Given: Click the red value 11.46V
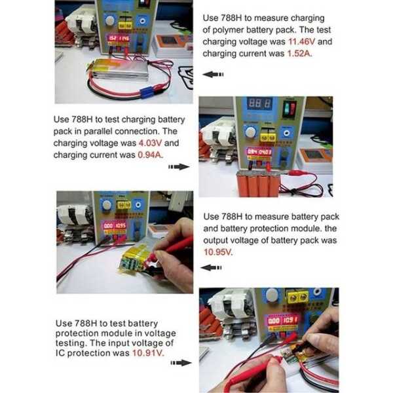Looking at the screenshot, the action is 301,42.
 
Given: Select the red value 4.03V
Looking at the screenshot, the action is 150,143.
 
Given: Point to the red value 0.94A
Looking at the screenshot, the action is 150,155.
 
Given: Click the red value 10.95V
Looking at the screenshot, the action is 218,252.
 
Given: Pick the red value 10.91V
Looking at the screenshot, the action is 148,353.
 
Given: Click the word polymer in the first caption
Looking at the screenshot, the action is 227,30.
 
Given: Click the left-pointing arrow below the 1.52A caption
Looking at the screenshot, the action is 213,74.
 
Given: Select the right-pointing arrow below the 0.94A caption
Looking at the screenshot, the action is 179,166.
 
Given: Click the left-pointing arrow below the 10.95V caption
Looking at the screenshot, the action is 212,268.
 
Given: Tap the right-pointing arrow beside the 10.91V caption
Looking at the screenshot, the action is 181,363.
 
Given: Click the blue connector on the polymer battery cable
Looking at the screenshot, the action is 146,92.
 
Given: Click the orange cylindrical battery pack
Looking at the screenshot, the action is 258,183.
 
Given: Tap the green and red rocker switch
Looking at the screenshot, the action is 290,108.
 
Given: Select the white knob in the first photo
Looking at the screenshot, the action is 109,20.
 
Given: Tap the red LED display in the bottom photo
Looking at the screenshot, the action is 283,320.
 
